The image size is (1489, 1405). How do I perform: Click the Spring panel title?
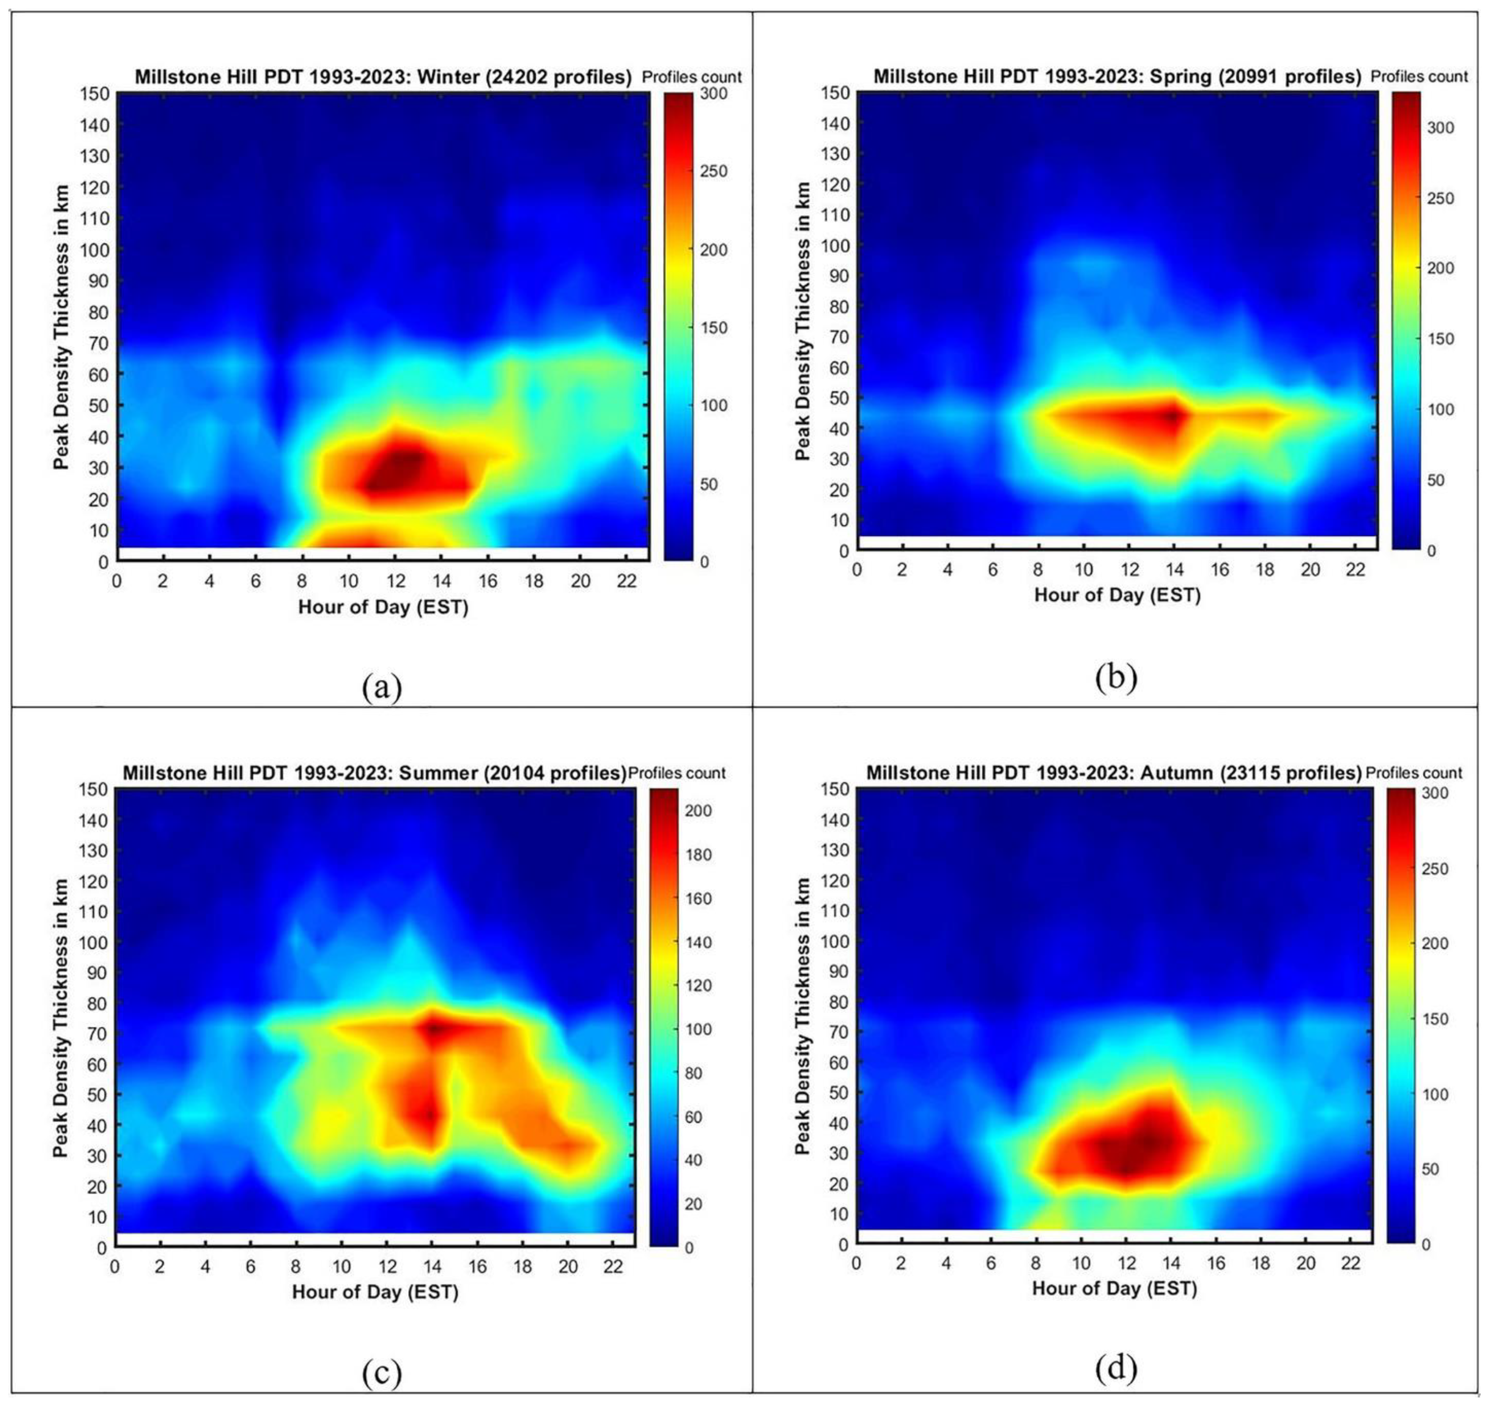click(1117, 76)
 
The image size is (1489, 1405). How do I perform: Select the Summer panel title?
click(374, 773)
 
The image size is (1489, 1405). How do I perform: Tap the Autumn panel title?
click(1114, 772)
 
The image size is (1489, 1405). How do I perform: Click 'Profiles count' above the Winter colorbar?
click(691, 77)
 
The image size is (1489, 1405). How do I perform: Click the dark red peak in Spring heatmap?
click(1172, 414)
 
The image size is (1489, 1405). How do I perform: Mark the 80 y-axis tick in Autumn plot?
click(839, 1002)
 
